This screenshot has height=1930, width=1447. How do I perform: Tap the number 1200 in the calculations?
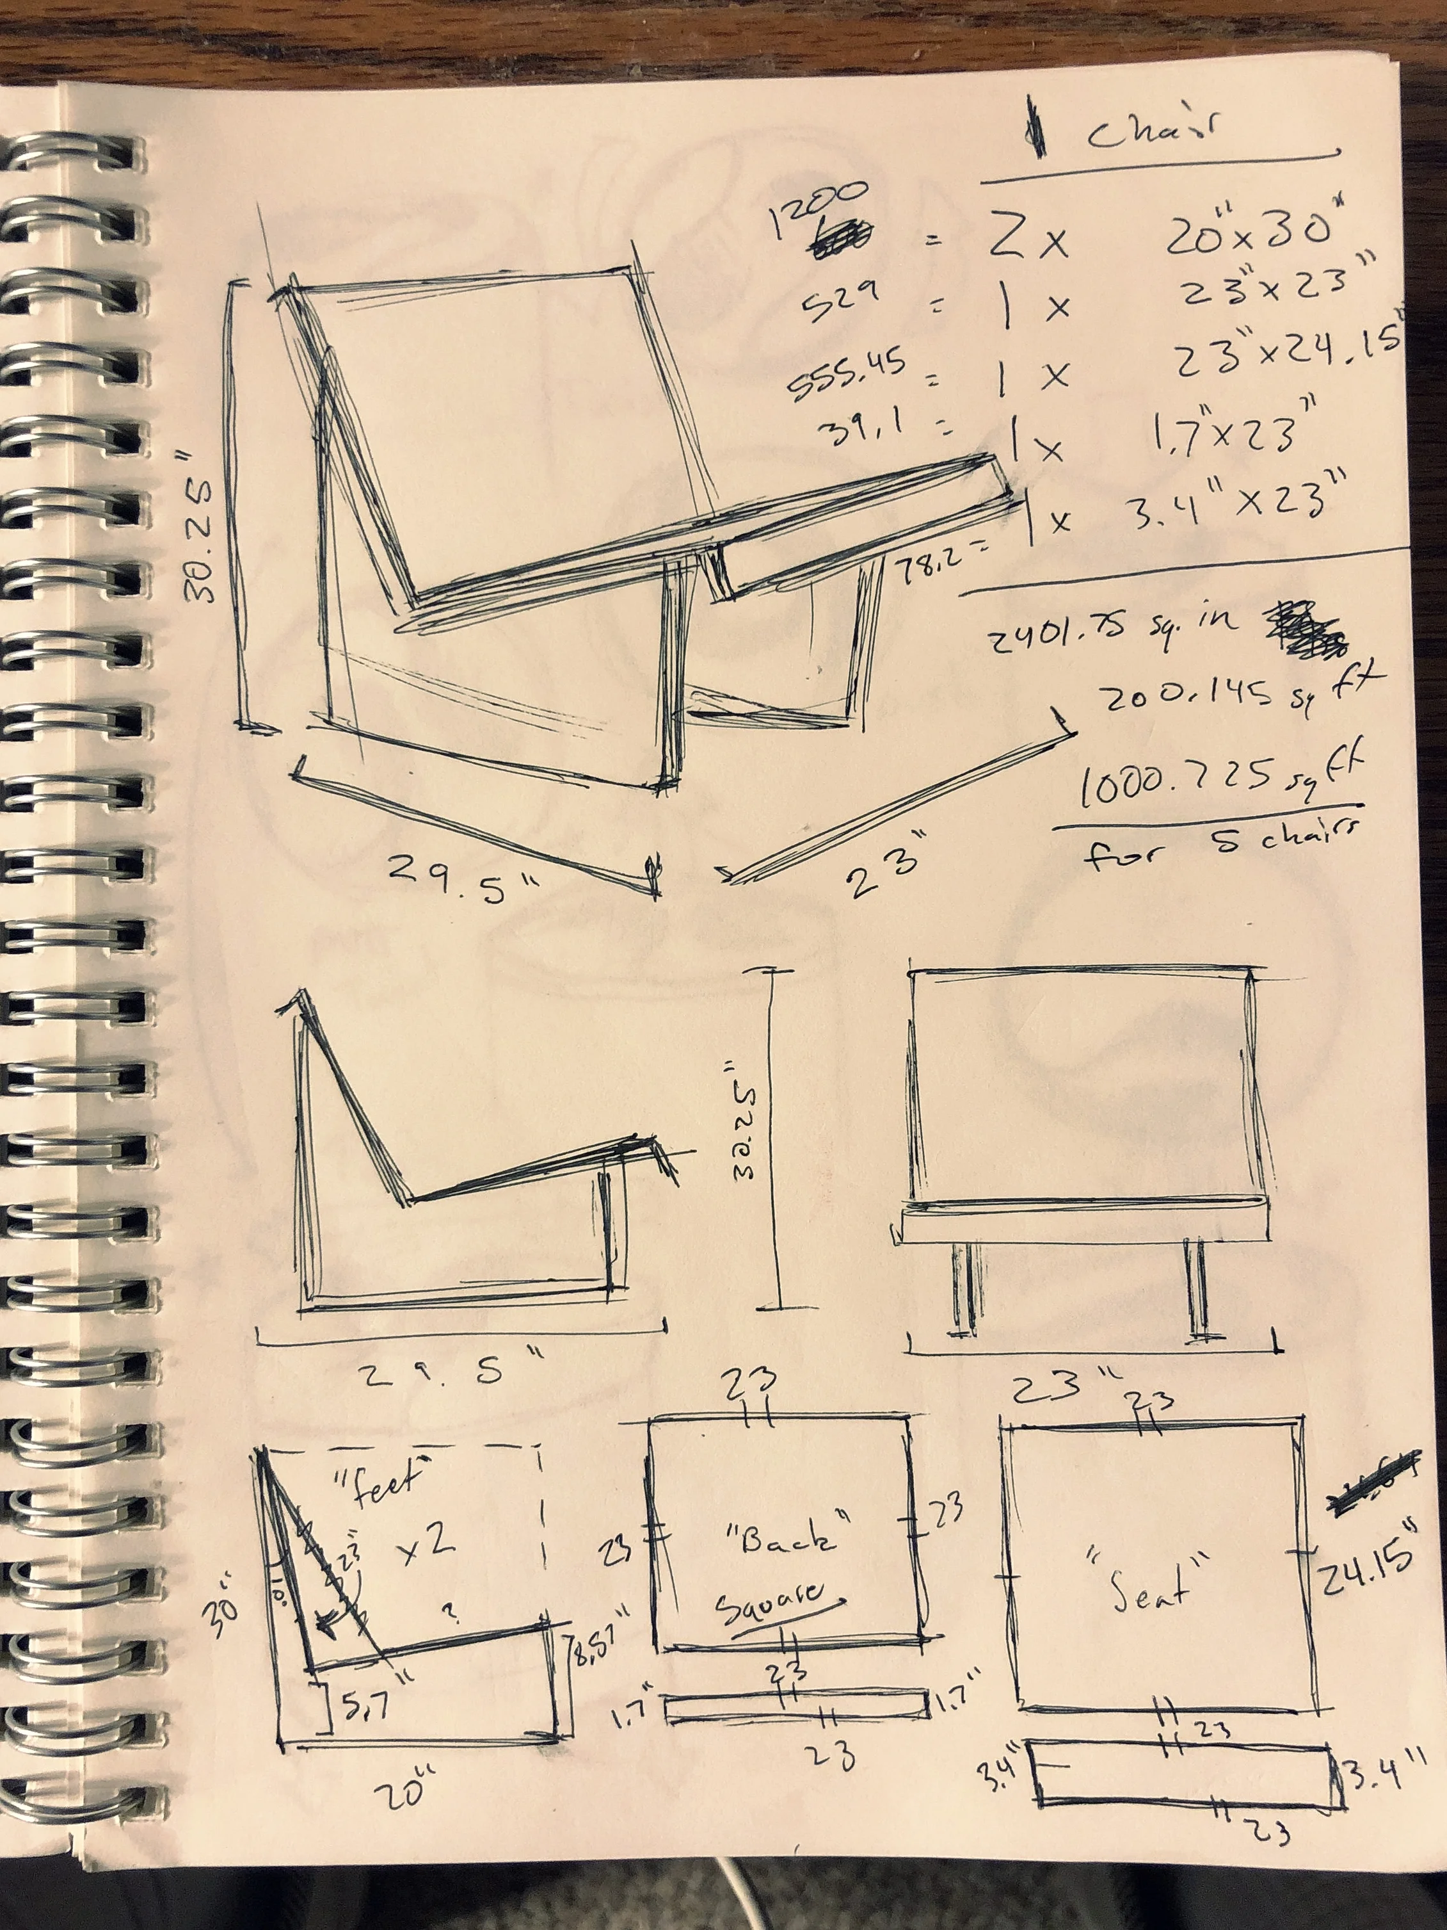coord(819,209)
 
